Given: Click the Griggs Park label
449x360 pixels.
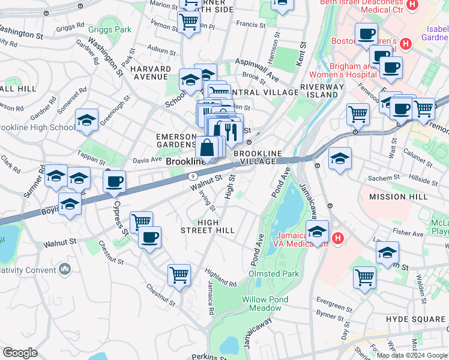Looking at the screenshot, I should [109, 29].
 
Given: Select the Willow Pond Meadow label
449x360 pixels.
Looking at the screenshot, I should [265, 304].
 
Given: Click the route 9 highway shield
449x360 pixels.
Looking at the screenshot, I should [193, 176].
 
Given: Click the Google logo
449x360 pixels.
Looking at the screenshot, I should [20, 353].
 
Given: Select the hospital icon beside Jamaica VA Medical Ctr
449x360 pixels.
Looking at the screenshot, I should [338, 238].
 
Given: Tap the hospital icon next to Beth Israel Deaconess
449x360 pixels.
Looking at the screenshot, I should [412, 5].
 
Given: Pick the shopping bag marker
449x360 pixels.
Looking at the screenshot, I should [206, 148].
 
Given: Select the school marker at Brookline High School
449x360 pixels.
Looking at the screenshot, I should [86, 120].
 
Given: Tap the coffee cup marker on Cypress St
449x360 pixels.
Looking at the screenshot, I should [113, 181].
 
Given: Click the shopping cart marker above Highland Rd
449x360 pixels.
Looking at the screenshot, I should [179, 275].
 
